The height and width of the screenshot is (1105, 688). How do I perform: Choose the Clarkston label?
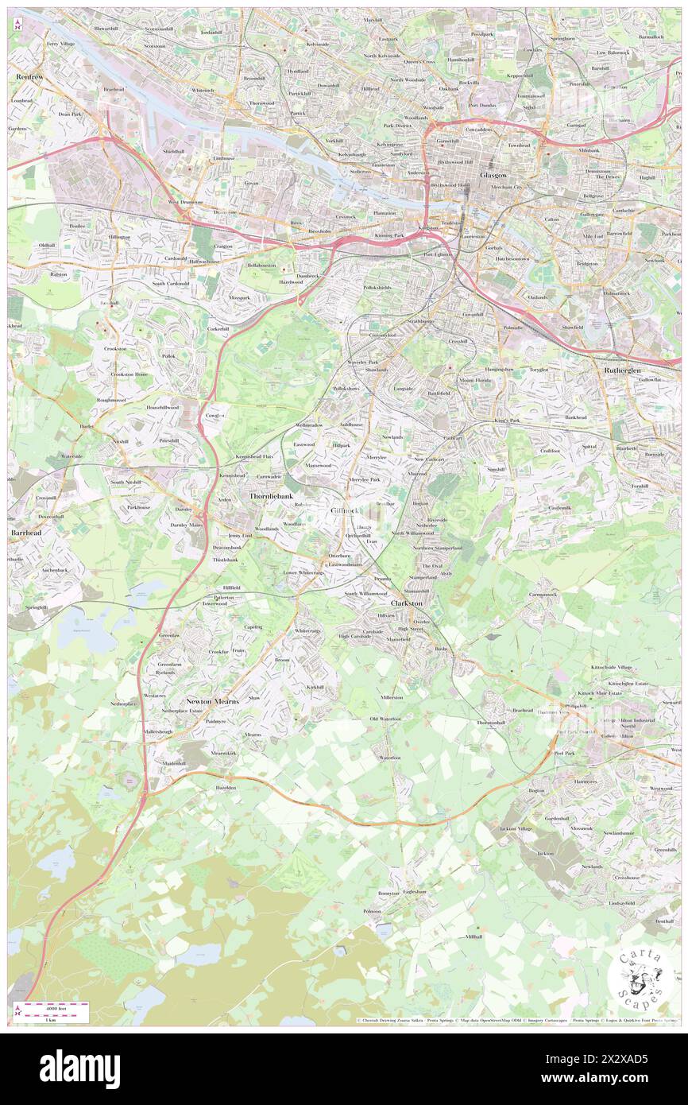[x=406, y=603]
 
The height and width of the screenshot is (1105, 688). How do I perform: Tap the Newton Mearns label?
[x=209, y=700]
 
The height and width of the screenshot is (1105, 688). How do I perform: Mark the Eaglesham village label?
[x=414, y=892]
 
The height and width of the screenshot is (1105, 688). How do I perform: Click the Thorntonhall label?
[x=490, y=722]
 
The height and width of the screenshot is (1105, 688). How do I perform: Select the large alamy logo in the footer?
[x=79, y=1068]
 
